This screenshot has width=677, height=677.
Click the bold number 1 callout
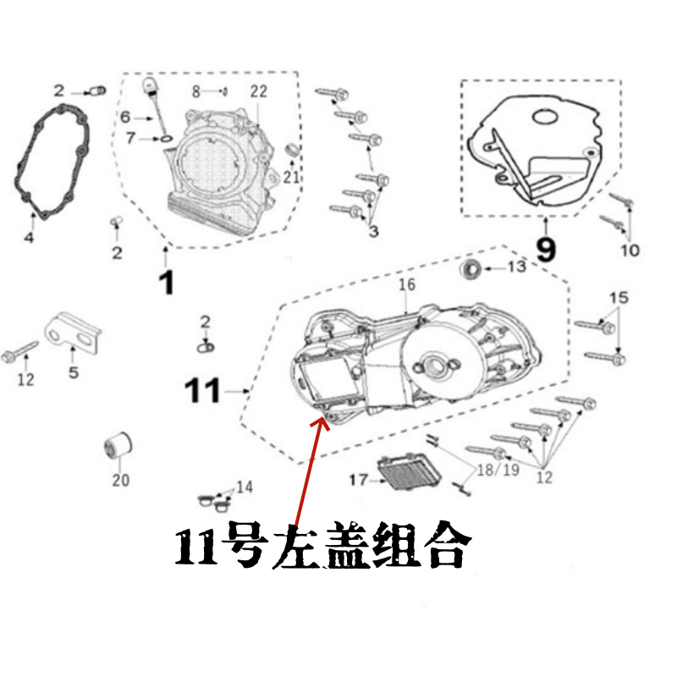tap(167, 282)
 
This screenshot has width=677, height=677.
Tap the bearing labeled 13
tap(471, 270)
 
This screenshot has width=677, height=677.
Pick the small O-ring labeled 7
tap(167, 137)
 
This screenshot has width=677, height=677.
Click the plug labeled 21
tap(293, 151)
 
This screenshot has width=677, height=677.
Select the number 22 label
tap(258, 91)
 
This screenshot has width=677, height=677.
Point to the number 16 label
tap(407, 284)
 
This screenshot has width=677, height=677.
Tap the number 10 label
tap(630, 250)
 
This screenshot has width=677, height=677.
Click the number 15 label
tap(619, 297)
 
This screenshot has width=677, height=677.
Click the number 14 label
tap(244, 487)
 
